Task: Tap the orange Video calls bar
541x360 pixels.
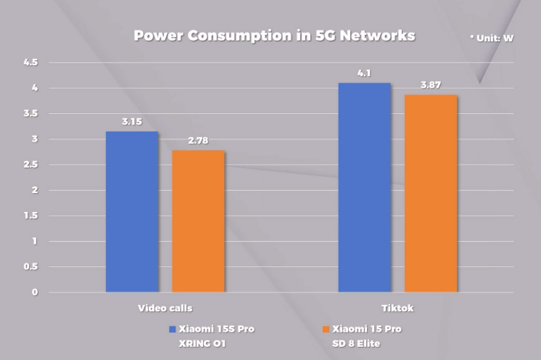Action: click(198, 221)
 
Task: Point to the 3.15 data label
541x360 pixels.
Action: click(132, 122)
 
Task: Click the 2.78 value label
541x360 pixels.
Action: click(197, 141)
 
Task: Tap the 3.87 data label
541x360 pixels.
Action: click(431, 85)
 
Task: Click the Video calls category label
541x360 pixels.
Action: click(165, 308)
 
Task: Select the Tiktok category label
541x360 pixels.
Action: click(397, 308)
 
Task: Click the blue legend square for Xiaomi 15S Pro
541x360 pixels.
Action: click(172, 329)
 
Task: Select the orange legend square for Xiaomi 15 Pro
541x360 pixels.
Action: click(326, 329)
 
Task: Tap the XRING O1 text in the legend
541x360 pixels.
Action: click(203, 343)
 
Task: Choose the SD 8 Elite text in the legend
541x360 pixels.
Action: click(357, 343)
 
